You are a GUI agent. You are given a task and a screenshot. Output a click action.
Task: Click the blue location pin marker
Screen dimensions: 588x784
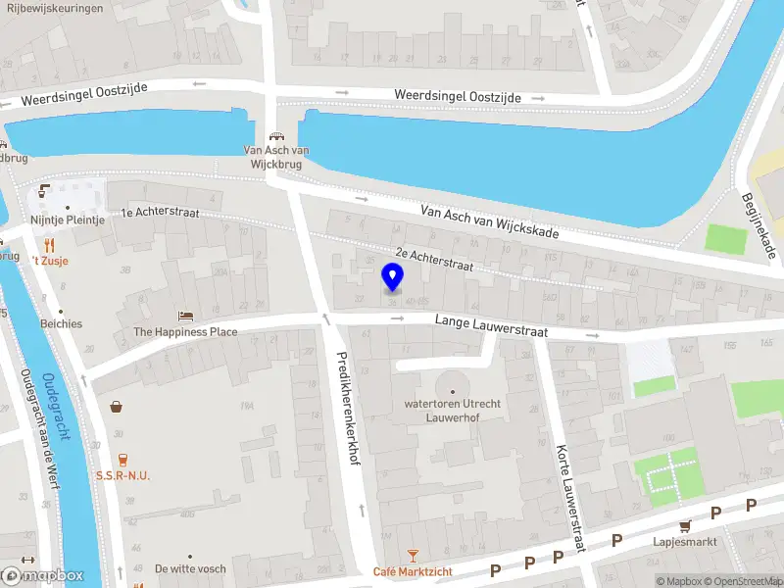393,276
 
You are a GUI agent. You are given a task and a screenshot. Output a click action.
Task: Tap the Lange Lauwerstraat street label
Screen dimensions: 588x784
490,326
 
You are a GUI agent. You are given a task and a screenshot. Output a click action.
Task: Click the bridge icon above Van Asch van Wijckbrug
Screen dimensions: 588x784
277,138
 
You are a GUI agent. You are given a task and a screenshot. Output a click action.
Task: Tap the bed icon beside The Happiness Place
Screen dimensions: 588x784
185,317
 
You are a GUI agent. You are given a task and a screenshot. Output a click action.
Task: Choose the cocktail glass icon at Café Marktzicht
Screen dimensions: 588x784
413,557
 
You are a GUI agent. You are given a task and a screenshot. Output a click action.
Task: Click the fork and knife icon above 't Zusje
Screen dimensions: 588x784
48,246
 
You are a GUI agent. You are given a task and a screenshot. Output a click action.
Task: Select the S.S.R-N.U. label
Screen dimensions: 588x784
122,475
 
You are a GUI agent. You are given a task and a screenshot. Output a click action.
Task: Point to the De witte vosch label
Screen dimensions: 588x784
190,568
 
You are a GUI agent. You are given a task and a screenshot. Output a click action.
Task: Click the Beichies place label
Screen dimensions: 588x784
61,323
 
